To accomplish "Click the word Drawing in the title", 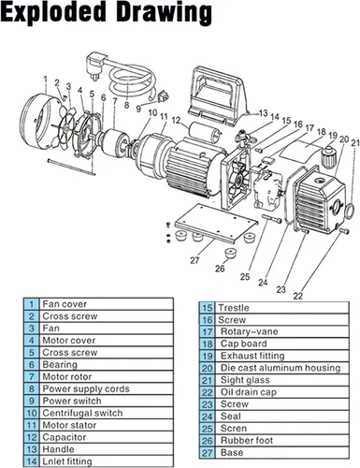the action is pyautogui.click(x=166, y=13).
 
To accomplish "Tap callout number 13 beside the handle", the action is pyautogui.click(x=263, y=112).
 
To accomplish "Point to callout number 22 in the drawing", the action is pyautogui.click(x=298, y=295).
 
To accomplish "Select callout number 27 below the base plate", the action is pyautogui.click(x=194, y=260).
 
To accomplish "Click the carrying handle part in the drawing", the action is pyautogui.click(x=220, y=95).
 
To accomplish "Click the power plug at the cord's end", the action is pyautogui.click(x=95, y=66).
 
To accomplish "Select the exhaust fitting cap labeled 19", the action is pyautogui.click(x=328, y=155).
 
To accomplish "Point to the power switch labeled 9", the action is pyautogui.click(x=164, y=96).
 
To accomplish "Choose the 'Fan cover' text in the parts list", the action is pyautogui.click(x=65, y=303).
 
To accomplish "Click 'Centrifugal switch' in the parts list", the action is pyautogui.click(x=82, y=413).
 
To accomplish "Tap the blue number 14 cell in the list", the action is pyautogui.click(x=32, y=461).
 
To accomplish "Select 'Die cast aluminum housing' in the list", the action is pyautogui.click(x=281, y=368).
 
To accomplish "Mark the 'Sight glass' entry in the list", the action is pyautogui.click(x=245, y=380).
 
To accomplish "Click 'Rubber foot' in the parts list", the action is pyautogui.click(x=247, y=440).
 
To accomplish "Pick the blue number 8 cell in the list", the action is pyautogui.click(x=32, y=388).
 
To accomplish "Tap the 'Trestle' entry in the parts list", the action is pyautogui.click(x=234, y=308).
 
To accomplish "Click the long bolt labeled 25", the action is pyautogui.click(x=272, y=218).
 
